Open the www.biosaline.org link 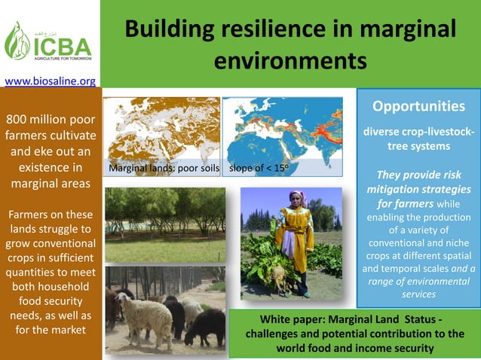click(50, 81)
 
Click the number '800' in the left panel click(20, 120)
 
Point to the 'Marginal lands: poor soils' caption click(164, 168)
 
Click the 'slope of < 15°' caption click(258, 168)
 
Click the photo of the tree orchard click(164, 224)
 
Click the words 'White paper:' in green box click(294, 317)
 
